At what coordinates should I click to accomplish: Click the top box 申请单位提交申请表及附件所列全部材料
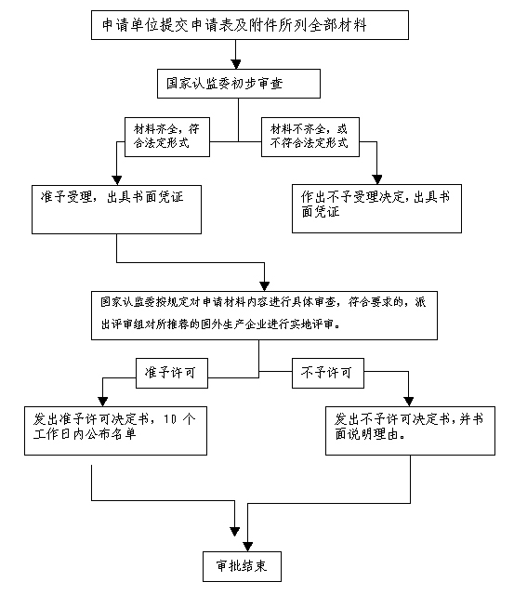click(x=250, y=25)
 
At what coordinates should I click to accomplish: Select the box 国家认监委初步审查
click(x=239, y=84)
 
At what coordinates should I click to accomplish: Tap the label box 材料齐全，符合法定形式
click(x=167, y=137)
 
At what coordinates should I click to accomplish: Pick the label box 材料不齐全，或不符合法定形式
click(x=310, y=137)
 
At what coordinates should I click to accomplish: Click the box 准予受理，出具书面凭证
click(x=116, y=209)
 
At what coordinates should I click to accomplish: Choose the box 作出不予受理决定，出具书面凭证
click(x=376, y=208)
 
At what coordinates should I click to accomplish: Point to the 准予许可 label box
click(x=172, y=373)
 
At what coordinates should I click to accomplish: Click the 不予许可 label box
click(x=328, y=373)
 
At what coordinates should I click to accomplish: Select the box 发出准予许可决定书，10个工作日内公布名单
click(x=115, y=430)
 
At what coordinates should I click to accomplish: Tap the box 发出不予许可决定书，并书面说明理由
click(x=410, y=430)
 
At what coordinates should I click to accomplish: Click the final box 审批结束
click(x=242, y=566)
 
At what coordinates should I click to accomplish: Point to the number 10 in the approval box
click(x=170, y=419)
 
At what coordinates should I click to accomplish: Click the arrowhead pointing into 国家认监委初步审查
click(x=236, y=64)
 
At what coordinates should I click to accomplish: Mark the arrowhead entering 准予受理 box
click(x=117, y=180)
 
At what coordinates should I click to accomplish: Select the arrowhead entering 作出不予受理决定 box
click(x=377, y=179)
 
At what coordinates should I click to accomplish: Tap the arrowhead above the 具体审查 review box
click(x=264, y=286)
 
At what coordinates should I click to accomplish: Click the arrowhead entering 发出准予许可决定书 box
click(x=103, y=402)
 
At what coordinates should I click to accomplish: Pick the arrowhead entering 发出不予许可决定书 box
click(x=409, y=402)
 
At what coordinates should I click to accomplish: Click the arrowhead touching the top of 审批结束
click(x=248, y=547)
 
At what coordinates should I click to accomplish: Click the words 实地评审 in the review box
click(x=311, y=324)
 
